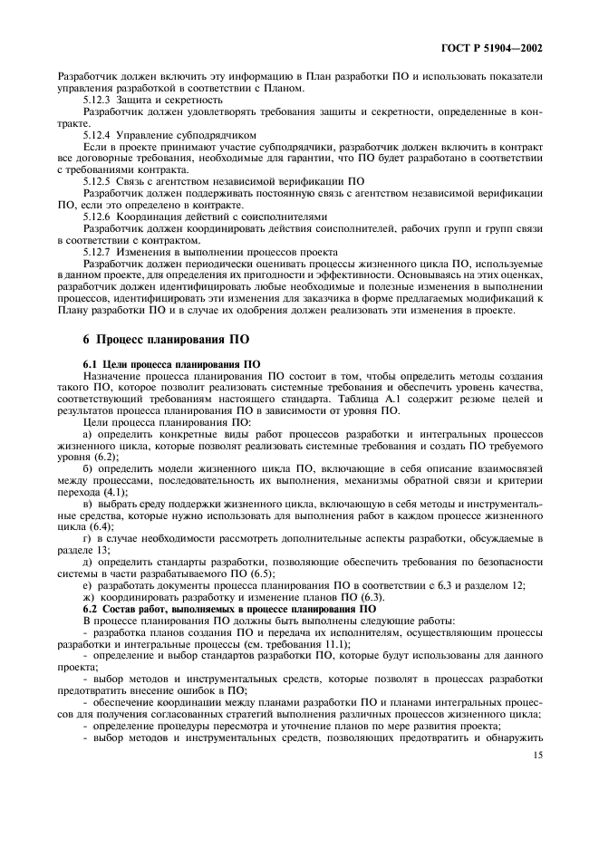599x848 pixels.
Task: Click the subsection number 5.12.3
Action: coord(99,100)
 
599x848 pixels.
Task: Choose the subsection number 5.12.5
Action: coord(99,179)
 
